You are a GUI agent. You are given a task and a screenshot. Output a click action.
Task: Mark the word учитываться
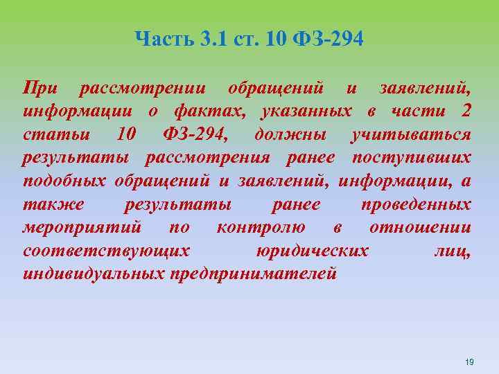[x=412, y=134]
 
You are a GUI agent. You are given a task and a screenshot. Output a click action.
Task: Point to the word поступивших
[x=412, y=157]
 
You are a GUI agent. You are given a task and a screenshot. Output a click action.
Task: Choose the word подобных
[x=64, y=181]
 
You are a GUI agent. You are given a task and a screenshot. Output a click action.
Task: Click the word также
[x=53, y=204]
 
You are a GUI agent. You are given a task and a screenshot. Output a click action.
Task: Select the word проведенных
[x=416, y=204]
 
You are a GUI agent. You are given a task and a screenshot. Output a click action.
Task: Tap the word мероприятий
[x=82, y=227]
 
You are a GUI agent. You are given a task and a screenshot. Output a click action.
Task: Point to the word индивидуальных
[x=93, y=273]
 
